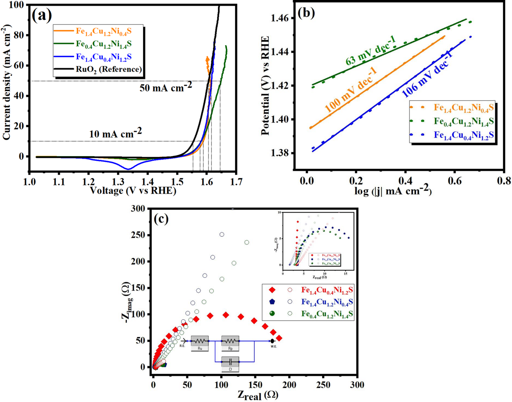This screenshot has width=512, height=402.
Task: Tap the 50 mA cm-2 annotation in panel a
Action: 166,87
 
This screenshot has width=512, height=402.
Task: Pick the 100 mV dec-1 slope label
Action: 351,90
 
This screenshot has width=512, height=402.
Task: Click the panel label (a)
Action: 42,15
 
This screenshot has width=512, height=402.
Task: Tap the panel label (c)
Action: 161,219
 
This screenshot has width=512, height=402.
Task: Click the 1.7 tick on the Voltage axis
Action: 236,182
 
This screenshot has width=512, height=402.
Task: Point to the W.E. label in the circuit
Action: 273,346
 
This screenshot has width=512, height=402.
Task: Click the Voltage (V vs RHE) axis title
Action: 133,190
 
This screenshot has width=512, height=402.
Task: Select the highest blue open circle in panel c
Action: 222,234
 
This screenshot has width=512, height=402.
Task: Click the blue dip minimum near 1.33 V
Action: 128,169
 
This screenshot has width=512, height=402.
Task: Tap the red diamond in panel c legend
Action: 272,290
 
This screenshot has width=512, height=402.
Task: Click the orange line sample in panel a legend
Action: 63,31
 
